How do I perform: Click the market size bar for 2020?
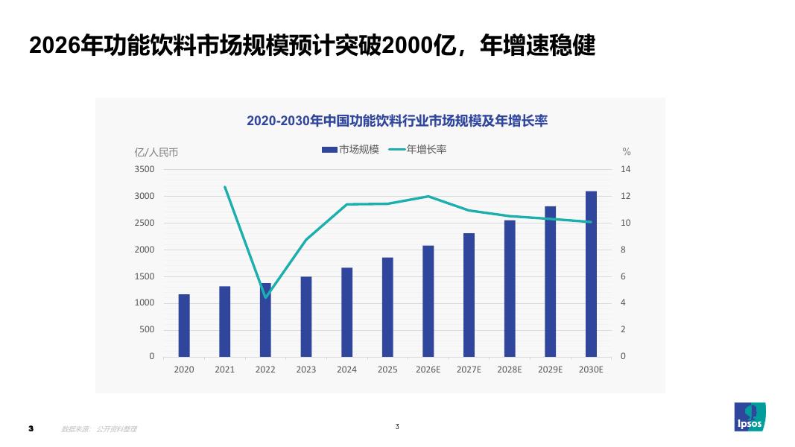point(184,326)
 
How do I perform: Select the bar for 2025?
point(387,307)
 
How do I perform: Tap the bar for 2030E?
point(591,274)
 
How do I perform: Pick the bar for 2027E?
point(469,295)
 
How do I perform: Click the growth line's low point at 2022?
point(266,297)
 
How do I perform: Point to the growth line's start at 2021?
point(224,187)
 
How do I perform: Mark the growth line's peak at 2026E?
point(428,196)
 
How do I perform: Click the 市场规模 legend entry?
point(350,150)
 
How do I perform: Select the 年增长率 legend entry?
point(418,150)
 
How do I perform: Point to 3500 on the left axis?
point(145,169)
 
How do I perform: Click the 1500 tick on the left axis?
point(145,276)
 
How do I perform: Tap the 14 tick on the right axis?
point(626,169)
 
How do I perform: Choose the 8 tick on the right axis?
point(623,250)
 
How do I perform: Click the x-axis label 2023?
point(306,370)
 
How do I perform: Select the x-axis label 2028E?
point(510,370)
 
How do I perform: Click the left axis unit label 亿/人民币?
point(156,152)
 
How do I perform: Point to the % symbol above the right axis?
point(627,151)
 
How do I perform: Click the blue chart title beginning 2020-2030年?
point(397,121)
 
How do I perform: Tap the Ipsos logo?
point(750,416)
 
